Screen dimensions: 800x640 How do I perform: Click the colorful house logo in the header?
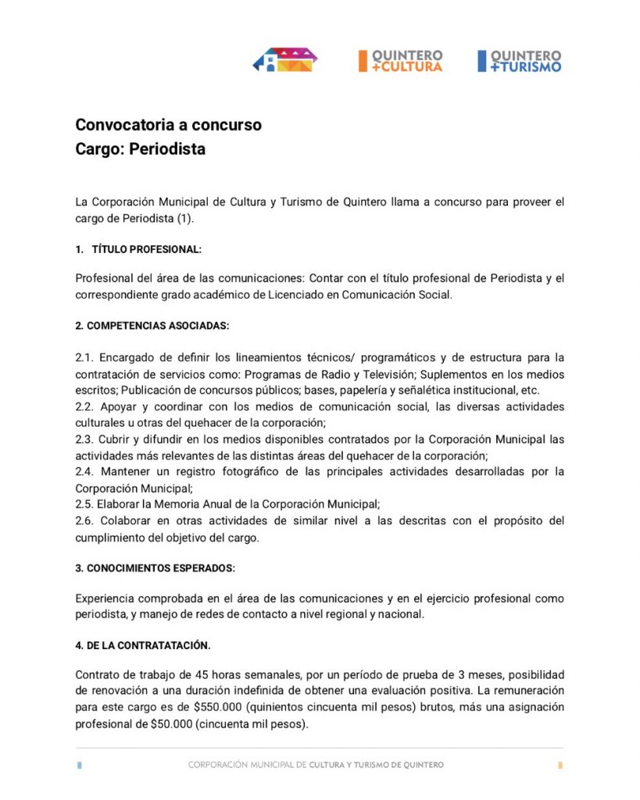point(285,60)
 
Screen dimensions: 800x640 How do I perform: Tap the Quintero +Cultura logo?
point(401,61)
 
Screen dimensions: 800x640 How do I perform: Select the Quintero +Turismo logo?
point(520,61)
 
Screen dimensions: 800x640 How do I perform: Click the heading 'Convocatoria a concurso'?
point(168,124)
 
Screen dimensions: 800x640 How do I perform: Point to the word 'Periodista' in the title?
point(167,148)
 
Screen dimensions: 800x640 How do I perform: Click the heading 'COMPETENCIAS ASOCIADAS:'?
point(152,325)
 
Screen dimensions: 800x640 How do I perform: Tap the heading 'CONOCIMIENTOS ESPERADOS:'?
point(156,567)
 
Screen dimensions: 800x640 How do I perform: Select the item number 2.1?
point(84,357)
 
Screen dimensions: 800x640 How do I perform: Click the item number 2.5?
point(84,504)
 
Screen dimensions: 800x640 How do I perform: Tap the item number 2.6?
point(84,520)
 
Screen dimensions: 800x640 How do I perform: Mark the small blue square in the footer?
point(80,765)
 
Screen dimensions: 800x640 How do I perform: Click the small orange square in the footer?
point(560,765)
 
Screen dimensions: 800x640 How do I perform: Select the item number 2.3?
point(84,439)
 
